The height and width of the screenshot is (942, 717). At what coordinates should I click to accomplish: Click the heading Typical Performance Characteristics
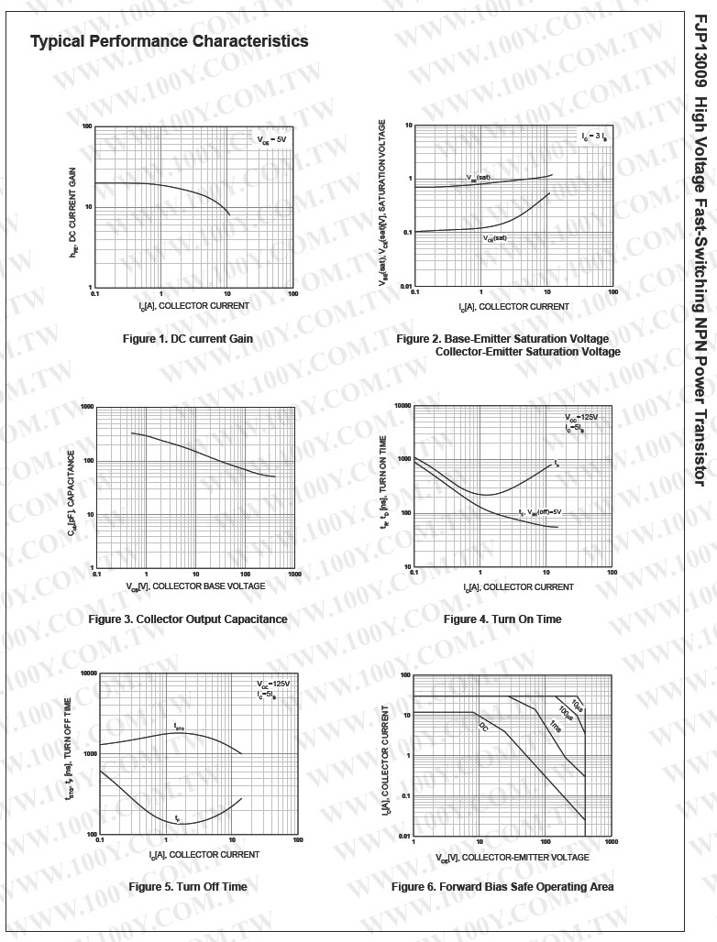[169, 41]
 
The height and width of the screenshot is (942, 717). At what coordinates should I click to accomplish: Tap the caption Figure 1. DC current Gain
[187, 339]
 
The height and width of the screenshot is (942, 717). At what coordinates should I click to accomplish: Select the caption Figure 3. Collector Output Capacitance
[188, 619]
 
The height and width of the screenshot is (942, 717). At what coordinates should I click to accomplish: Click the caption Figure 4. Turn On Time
[502, 619]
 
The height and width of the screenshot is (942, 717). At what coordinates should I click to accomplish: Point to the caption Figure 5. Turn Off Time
[187, 887]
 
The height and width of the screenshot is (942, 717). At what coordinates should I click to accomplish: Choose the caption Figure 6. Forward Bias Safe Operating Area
[502, 887]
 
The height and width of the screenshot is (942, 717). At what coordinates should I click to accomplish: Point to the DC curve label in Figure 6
[483, 726]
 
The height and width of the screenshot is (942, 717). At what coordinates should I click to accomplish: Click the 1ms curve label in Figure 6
[556, 726]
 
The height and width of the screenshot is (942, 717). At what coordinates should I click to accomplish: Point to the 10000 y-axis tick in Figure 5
[88, 674]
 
